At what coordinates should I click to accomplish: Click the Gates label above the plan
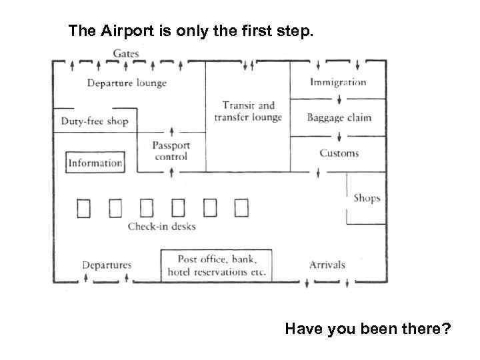(126, 53)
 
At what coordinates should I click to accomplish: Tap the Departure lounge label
(127, 83)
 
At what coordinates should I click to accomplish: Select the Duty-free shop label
(94, 121)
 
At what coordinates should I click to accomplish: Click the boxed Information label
(95, 163)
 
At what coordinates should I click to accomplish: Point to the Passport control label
(171, 151)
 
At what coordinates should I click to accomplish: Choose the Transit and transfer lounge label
(248, 111)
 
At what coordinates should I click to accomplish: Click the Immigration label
(338, 83)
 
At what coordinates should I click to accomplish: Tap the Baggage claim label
(339, 118)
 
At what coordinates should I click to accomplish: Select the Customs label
(339, 153)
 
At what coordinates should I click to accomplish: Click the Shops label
(367, 198)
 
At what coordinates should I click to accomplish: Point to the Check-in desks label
(162, 227)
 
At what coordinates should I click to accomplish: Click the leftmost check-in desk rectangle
(83, 209)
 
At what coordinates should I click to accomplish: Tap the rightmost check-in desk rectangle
(241, 209)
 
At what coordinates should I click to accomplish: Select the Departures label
(107, 265)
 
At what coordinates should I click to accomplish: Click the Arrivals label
(327, 265)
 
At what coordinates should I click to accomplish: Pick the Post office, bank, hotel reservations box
(217, 265)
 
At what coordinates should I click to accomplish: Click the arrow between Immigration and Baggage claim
(339, 100)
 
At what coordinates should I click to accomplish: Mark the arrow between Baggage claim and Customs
(339, 136)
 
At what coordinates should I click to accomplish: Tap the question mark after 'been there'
(446, 329)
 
